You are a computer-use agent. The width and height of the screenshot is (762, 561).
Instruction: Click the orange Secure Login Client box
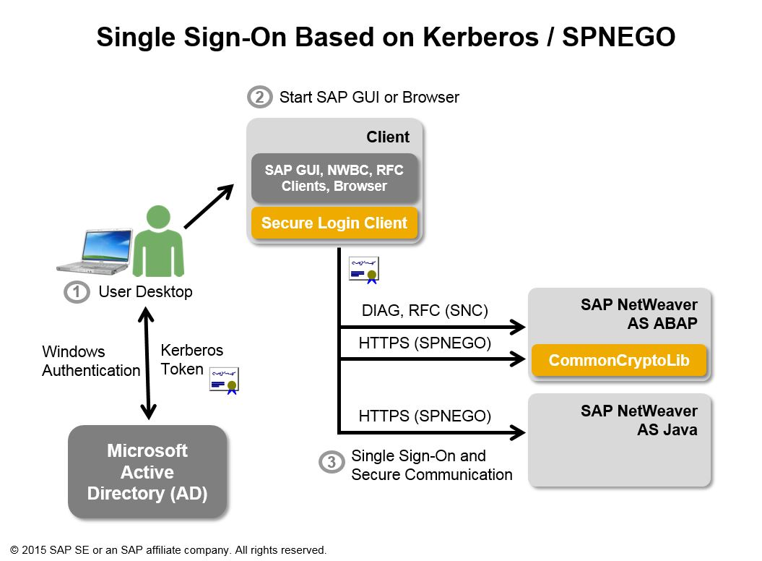pos(334,223)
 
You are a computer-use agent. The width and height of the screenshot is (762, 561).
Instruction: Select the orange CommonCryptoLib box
pos(618,360)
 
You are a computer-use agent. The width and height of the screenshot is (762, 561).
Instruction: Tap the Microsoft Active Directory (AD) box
pos(147,471)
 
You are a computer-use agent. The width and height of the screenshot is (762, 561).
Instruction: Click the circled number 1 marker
pos(77,292)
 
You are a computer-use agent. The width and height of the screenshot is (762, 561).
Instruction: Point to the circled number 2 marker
pos(259,97)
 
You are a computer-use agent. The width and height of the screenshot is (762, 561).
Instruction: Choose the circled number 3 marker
pos(331,463)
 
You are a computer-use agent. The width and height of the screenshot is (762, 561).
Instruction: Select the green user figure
pos(157,241)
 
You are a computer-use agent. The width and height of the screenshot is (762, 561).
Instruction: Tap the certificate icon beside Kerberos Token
pos(224,380)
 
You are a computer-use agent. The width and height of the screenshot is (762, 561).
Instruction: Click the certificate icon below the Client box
pos(364,269)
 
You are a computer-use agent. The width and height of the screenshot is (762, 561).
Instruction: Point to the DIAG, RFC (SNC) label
pos(425,311)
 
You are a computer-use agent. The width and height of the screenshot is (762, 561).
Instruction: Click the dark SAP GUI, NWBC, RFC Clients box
pos(334,178)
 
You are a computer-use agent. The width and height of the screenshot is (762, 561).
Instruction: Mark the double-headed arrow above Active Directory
pos(147,362)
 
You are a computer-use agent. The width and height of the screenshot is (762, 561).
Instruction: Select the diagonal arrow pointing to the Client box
pos(209,206)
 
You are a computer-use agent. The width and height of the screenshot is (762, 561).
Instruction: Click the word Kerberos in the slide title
pos(469,38)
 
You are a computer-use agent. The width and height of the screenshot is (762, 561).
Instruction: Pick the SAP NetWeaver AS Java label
pos(638,420)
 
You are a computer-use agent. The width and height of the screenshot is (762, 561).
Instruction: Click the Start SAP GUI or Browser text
pos(369,97)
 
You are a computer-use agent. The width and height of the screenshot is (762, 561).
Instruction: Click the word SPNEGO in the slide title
pos(618,38)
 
